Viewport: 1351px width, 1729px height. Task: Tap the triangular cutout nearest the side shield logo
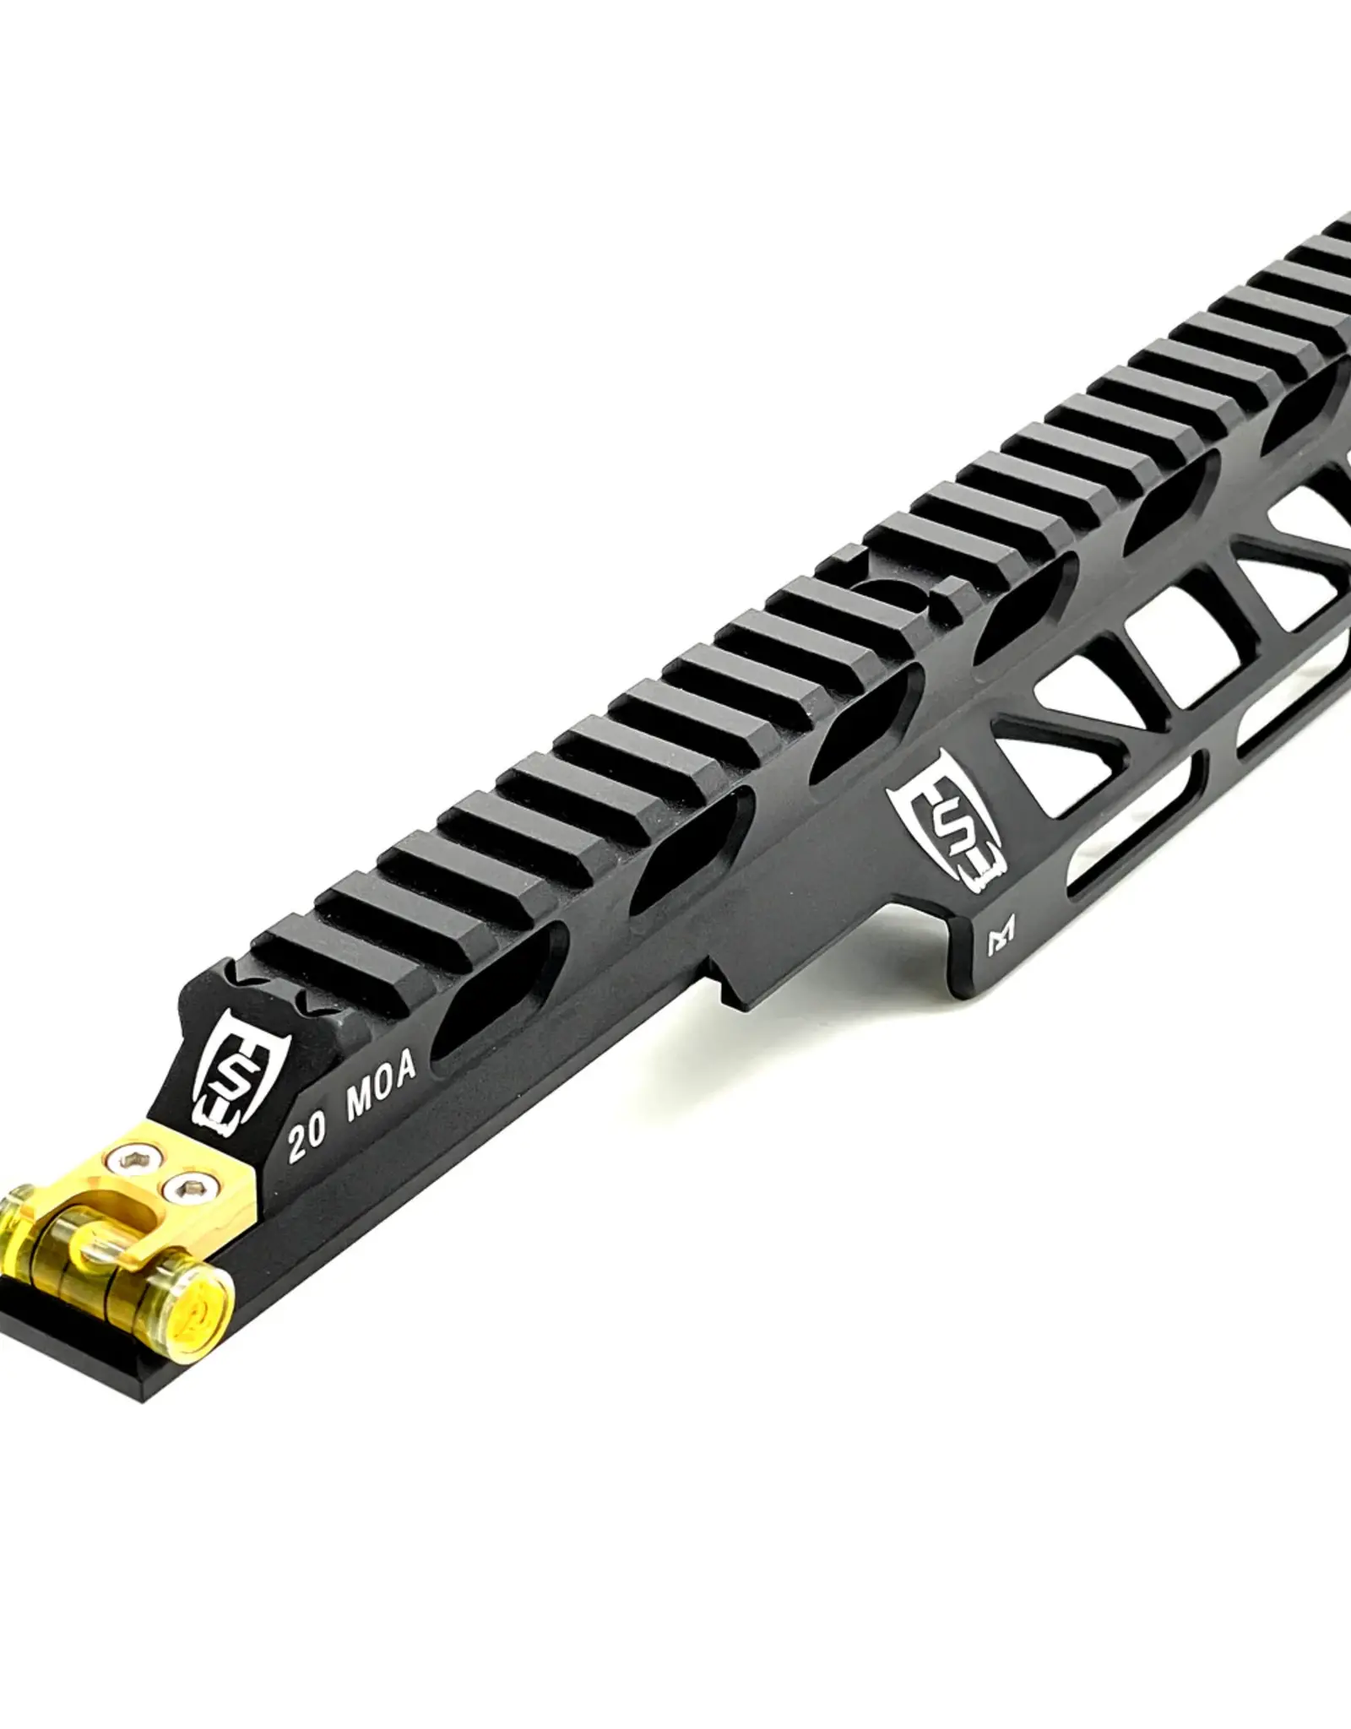(1047, 751)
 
